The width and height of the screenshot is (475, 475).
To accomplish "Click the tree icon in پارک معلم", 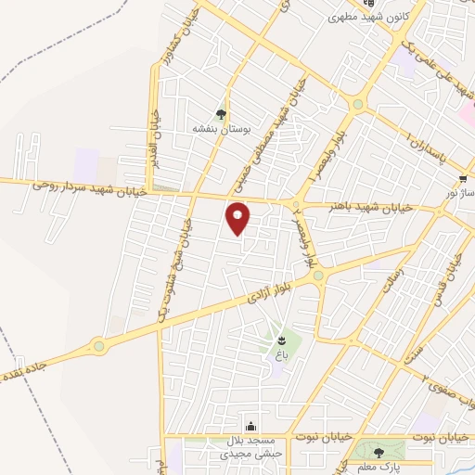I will coord(379,453).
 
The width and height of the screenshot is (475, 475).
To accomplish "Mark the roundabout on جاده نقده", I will coord(98,347).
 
